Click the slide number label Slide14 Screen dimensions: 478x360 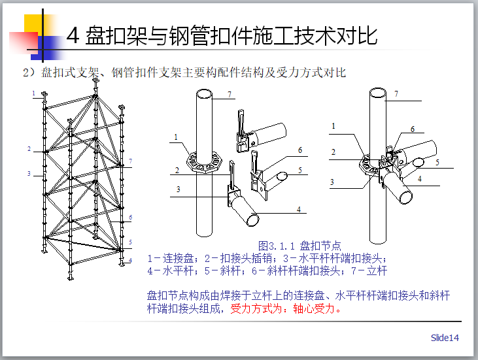click(x=445, y=338)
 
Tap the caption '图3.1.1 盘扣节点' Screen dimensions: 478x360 click(x=300, y=246)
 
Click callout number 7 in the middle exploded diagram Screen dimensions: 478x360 click(x=230, y=95)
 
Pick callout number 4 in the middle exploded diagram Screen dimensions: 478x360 click(x=298, y=209)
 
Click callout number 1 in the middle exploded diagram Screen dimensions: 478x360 click(x=177, y=137)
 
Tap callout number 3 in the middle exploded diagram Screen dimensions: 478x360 click(x=177, y=189)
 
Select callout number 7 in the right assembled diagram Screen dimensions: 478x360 click(x=396, y=94)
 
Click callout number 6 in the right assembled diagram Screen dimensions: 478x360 click(x=412, y=129)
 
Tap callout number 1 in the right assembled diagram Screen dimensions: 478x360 click(x=333, y=126)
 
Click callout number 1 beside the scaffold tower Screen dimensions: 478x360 click(x=33, y=93)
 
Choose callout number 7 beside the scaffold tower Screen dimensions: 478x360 click(x=130, y=161)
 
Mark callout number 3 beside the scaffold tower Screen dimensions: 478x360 click(x=29, y=174)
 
